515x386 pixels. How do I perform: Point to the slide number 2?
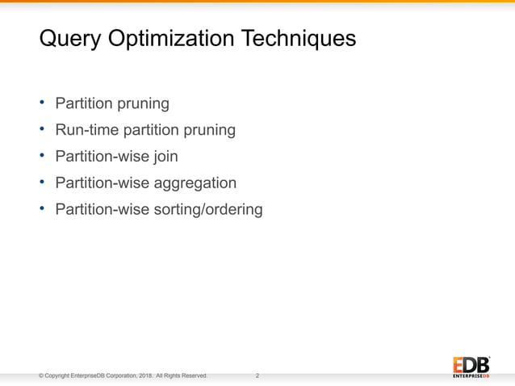[x=257, y=376]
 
